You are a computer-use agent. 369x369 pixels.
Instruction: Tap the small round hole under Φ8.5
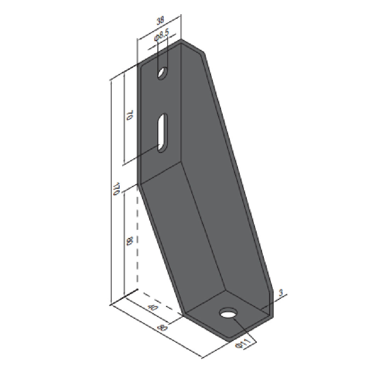tap(163, 73)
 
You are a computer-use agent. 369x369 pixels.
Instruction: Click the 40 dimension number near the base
tap(153, 307)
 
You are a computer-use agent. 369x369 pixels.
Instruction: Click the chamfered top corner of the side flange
tap(193, 47)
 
